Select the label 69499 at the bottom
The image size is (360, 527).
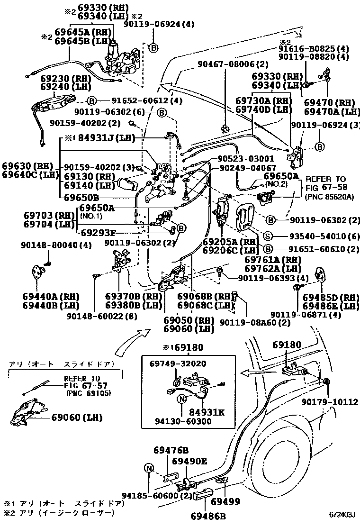coord(225,501)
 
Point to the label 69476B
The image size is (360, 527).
coord(171,450)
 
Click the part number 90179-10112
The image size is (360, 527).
coord(330,402)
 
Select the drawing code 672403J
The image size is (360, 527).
coord(342,514)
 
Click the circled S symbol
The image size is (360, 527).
coord(268,236)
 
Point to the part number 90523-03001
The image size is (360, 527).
coord(246,158)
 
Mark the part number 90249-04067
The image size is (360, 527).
coord(247,168)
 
